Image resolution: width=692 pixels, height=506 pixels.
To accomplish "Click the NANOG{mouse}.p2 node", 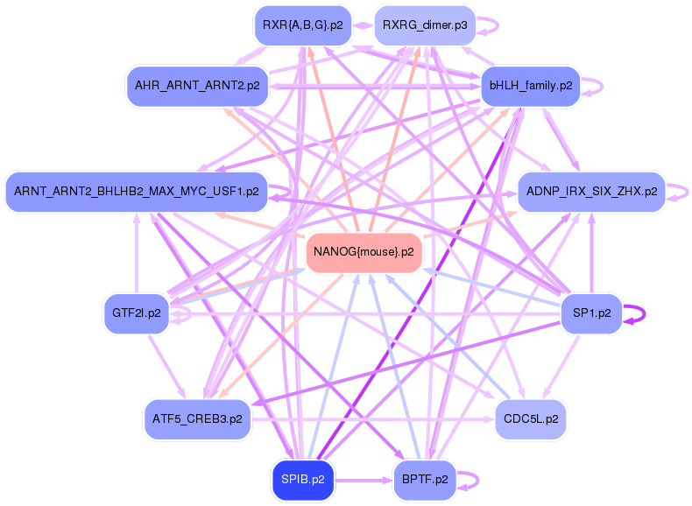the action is coord(364,252).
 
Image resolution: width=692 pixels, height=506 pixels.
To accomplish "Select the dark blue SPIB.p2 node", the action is coord(303,480).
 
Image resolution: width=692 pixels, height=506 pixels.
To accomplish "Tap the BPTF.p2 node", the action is coord(425,480).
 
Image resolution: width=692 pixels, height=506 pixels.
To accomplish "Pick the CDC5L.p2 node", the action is coord(531,419).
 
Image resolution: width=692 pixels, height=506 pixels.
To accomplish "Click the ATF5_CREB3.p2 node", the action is coord(197,419).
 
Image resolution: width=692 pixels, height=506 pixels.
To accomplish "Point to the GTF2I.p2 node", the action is coord(137,313).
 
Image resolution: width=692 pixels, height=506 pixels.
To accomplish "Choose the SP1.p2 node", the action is coord(591,313).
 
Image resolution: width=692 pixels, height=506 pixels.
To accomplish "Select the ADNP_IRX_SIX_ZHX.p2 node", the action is coord(591,192).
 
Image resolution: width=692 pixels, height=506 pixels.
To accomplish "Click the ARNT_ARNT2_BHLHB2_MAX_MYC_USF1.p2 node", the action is coord(137,192).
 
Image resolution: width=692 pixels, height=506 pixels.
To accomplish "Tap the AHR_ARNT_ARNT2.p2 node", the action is coord(197,86).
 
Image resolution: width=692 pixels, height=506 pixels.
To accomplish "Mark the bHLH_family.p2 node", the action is coord(531,86).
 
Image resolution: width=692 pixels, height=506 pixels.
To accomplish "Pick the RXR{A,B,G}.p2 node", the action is coord(303,25).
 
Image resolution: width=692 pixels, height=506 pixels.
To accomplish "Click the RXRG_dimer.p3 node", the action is coord(425,25).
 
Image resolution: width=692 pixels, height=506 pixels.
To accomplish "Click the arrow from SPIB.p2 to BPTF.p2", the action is coord(364,480).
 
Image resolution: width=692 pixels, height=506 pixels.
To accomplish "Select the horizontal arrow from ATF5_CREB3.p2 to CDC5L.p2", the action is coord(373,419).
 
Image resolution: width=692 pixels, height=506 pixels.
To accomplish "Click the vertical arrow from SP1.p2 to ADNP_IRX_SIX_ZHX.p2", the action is coord(592,253).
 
